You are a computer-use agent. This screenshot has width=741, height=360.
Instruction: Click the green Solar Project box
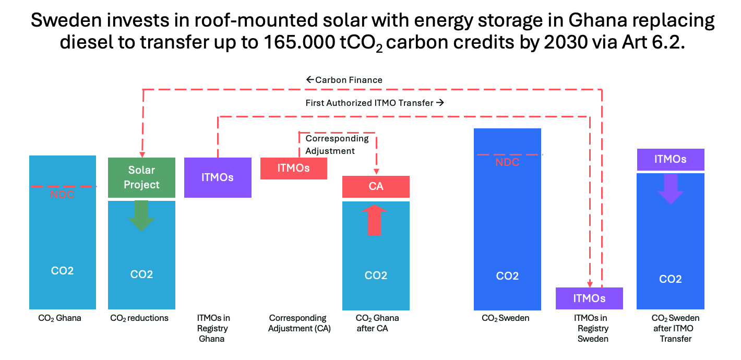point(141,177)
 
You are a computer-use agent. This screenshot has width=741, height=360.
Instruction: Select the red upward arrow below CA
point(375,220)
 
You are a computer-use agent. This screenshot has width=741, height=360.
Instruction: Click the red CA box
point(376,186)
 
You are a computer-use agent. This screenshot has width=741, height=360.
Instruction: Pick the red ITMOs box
point(293,168)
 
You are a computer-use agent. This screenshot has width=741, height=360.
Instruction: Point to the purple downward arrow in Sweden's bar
point(671,188)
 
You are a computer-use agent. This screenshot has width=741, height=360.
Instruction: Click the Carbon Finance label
point(344,80)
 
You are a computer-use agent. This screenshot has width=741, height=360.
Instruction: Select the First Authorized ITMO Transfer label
point(374,103)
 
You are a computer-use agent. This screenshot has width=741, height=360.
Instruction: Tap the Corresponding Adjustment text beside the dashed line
point(337,145)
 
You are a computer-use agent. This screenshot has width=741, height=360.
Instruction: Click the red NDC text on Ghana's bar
point(62,195)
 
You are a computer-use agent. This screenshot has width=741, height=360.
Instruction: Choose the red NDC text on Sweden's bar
point(507,162)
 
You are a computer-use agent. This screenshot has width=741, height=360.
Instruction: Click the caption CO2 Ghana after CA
point(377,323)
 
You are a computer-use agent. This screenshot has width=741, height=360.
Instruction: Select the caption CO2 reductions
point(139,318)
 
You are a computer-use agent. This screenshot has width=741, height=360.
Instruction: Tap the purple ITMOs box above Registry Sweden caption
point(589,298)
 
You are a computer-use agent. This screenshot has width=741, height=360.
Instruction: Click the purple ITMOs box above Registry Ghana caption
point(218,177)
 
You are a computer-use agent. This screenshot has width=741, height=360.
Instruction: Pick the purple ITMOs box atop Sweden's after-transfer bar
point(671,159)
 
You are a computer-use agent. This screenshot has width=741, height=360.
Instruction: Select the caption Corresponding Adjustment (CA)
point(297,323)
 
